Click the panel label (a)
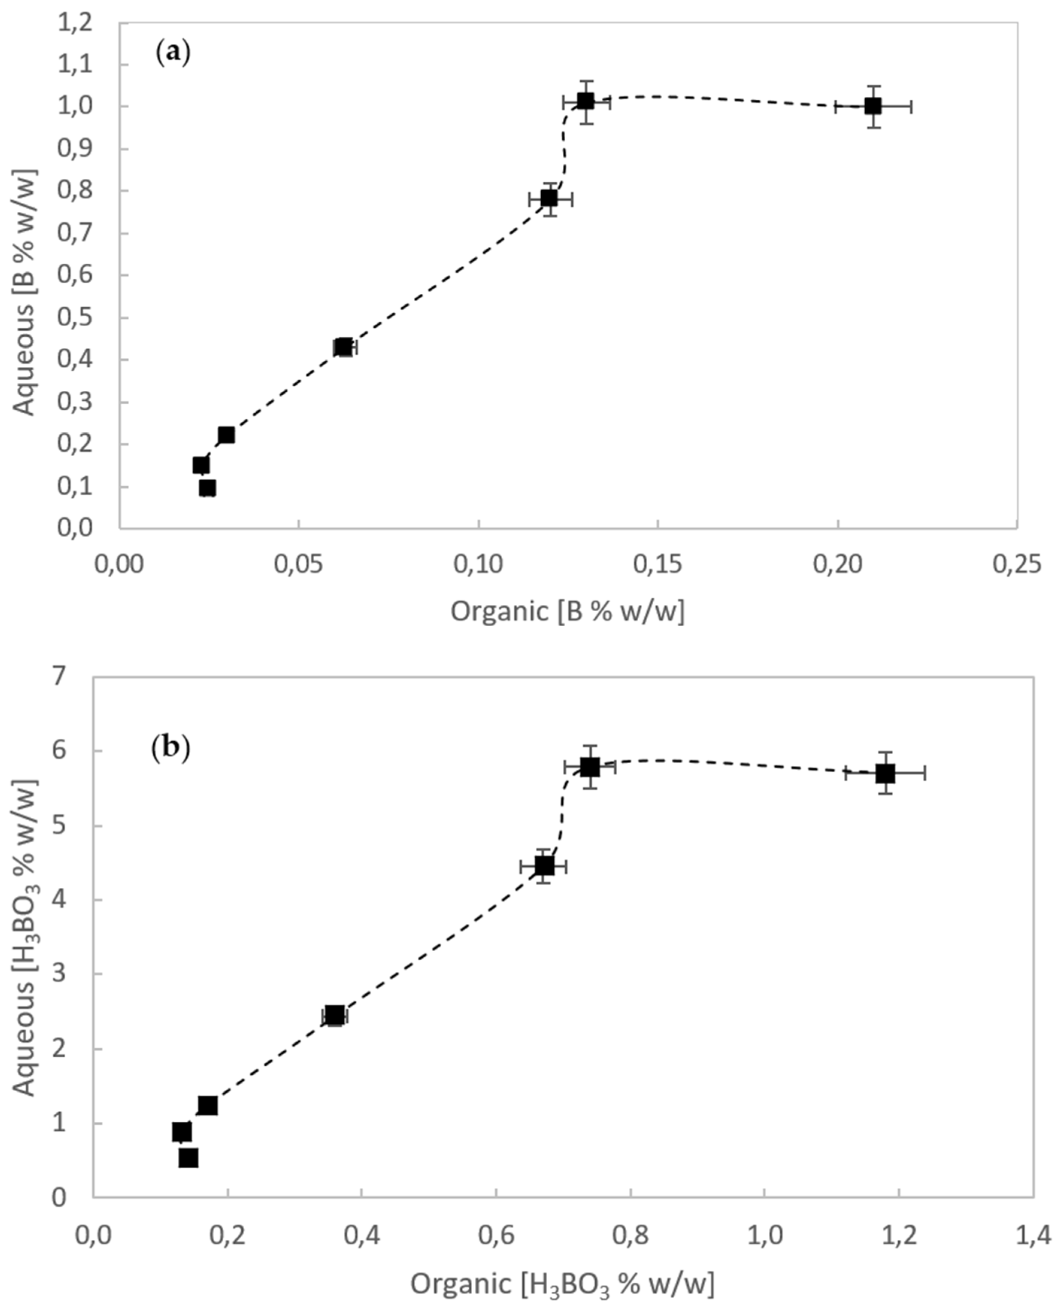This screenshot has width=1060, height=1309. click(x=173, y=53)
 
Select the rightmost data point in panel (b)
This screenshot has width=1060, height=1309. click(x=885, y=774)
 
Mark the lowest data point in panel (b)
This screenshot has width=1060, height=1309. click(x=188, y=1158)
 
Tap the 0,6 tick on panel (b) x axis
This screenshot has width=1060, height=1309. click(x=496, y=1233)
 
